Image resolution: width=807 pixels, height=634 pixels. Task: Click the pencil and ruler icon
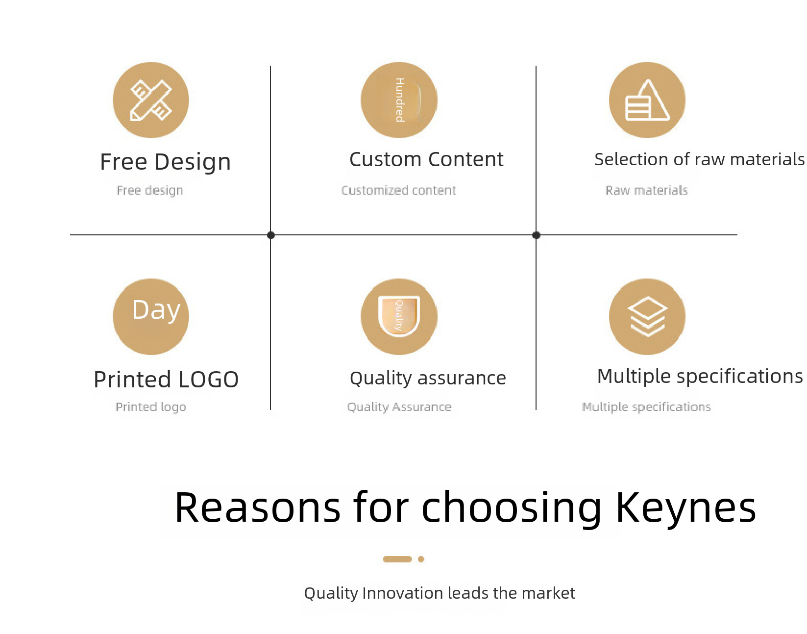[x=150, y=100]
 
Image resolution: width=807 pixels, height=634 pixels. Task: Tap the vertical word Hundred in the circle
[x=400, y=100]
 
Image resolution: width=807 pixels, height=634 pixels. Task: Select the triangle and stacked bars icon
[x=647, y=100]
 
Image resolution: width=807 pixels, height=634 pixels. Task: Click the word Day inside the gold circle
[x=156, y=310]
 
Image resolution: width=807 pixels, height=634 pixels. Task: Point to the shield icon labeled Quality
[x=399, y=316]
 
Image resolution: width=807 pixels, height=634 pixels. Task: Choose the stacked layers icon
[x=647, y=316]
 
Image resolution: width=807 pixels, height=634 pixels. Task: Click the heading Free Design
[x=165, y=162]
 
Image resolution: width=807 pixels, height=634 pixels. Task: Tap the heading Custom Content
[x=426, y=159]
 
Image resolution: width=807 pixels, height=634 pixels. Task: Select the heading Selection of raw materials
[x=699, y=159]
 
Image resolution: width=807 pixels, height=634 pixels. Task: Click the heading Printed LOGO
[x=166, y=379]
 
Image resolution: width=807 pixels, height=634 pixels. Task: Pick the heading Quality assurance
[x=427, y=379]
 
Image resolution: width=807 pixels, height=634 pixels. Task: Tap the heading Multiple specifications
[x=700, y=376]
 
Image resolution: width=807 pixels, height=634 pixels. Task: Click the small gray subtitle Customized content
[x=398, y=190]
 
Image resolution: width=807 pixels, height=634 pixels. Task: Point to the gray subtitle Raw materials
[x=646, y=190]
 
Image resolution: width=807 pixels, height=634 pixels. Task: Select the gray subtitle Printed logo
[x=151, y=407]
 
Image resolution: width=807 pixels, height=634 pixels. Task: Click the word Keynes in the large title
[x=685, y=507]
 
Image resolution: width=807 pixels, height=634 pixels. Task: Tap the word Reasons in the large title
[x=257, y=507]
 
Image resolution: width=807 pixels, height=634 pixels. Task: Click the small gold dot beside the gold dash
[x=421, y=559]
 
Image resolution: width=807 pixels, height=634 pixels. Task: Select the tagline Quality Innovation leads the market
[x=440, y=593]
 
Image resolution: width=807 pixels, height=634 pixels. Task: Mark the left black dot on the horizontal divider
[x=271, y=235]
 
